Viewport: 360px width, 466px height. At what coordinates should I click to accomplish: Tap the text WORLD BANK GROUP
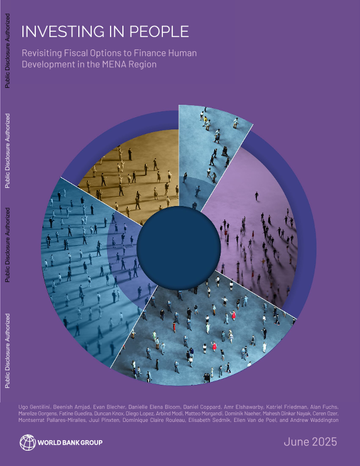pos(71,442)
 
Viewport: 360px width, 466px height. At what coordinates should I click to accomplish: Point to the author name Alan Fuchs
pos(326,407)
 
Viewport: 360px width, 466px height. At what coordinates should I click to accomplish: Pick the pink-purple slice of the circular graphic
pos(253,229)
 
